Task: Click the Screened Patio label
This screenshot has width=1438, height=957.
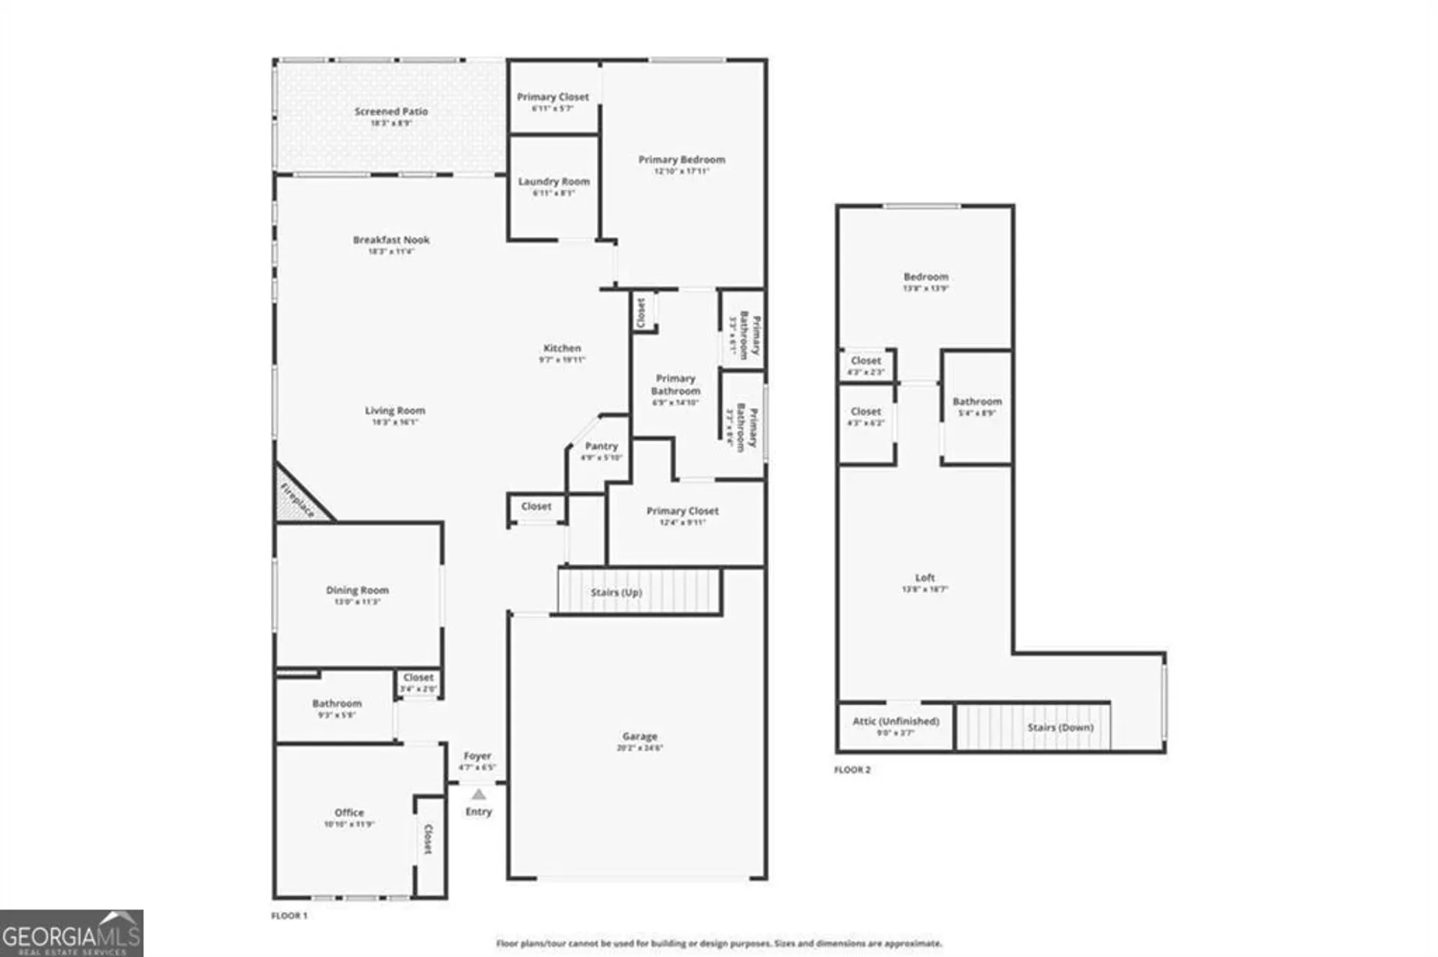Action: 391,111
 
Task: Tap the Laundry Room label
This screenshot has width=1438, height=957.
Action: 554,182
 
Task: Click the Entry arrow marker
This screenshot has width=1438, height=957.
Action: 478,794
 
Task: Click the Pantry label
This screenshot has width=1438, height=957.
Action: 601,445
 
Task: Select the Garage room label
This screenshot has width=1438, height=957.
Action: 639,736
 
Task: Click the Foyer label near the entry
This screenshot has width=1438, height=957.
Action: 477,756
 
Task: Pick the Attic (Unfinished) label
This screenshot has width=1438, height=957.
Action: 896,721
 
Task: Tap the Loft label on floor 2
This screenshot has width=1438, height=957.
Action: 925,578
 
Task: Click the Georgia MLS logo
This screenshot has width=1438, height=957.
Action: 71,933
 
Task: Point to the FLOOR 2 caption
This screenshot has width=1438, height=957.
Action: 852,769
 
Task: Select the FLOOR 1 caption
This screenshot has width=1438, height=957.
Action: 289,915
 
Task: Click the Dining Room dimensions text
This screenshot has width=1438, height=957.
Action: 357,602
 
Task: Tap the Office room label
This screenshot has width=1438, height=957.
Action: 349,813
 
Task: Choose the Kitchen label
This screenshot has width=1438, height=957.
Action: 562,348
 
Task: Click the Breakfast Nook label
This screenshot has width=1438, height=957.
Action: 391,240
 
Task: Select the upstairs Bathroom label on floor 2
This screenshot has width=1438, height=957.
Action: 976,402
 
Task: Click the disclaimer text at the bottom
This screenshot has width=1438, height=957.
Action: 718,943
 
